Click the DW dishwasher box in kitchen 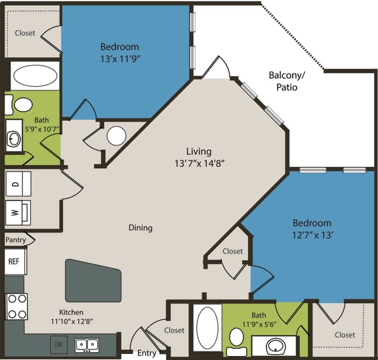click(59, 344)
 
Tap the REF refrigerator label click(14, 261)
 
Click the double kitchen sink click(87, 344)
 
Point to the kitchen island click(93, 281)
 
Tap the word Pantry click(16, 240)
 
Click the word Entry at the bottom click(146, 353)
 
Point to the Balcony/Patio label click(287, 81)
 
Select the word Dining click(140, 228)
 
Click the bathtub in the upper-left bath click(34, 76)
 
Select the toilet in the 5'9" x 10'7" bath click(24, 104)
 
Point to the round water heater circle click(116, 136)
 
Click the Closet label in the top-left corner click(25, 33)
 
